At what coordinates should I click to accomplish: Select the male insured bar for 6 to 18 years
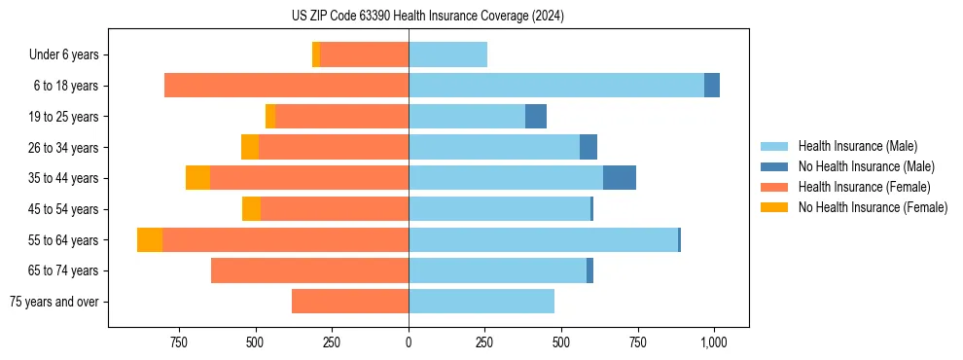pyautogui.click(x=555, y=86)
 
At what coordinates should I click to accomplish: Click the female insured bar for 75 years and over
pyautogui.click(x=350, y=302)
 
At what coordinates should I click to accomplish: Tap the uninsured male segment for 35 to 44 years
pyautogui.click(x=620, y=178)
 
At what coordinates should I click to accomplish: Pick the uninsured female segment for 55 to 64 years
pyautogui.click(x=150, y=240)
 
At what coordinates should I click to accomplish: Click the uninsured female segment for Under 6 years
pyautogui.click(x=316, y=55)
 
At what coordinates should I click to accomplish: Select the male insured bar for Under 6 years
pyautogui.click(x=447, y=55)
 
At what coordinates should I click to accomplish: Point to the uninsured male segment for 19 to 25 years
pyautogui.click(x=536, y=117)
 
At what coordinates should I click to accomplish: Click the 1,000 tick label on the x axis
pyautogui.click(x=714, y=342)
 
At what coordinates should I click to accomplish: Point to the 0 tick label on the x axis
pyautogui.click(x=409, y=342)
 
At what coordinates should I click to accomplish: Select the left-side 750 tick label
pyautogui.click(x=179, y=342)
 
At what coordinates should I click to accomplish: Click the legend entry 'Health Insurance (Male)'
pyautogui.click(x=857, y=146)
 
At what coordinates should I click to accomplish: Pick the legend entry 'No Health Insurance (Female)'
pyautogui.click(x=873, y=207)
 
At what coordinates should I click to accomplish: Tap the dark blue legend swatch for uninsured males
pyautogui.click(x=774, y=166)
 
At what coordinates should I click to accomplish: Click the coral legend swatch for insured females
pyautogui.click(x=774, y=187)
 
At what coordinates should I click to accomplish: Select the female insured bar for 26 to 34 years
pyautogui.click(x=334, y=148)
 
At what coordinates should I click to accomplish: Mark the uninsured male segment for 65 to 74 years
pyautogui.click(x=589, y=270)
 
